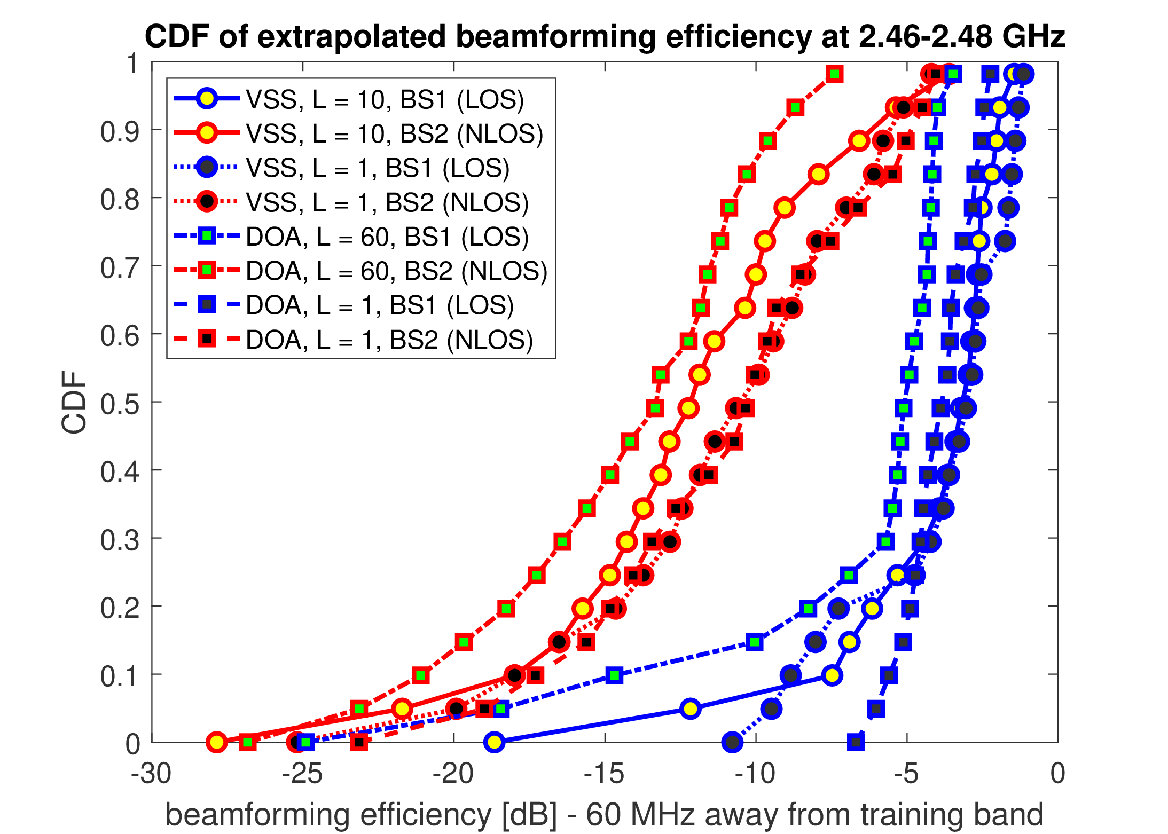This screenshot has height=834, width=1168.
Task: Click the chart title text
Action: [605, 36]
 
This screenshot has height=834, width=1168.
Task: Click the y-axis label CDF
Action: [74, 402]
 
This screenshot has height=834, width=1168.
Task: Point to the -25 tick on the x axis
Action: [302, 774]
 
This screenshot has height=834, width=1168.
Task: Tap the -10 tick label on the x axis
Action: [755, 774]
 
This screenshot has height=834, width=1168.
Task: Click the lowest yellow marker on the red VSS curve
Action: [216, 742]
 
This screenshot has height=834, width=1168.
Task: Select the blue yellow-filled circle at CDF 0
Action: [495, 742]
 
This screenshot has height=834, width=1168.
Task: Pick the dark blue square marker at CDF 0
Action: [856, 742]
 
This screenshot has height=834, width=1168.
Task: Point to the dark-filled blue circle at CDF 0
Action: [732, 742]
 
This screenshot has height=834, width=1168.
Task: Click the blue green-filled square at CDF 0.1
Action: [615, 675]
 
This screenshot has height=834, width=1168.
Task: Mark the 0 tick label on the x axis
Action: [1057, 774]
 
